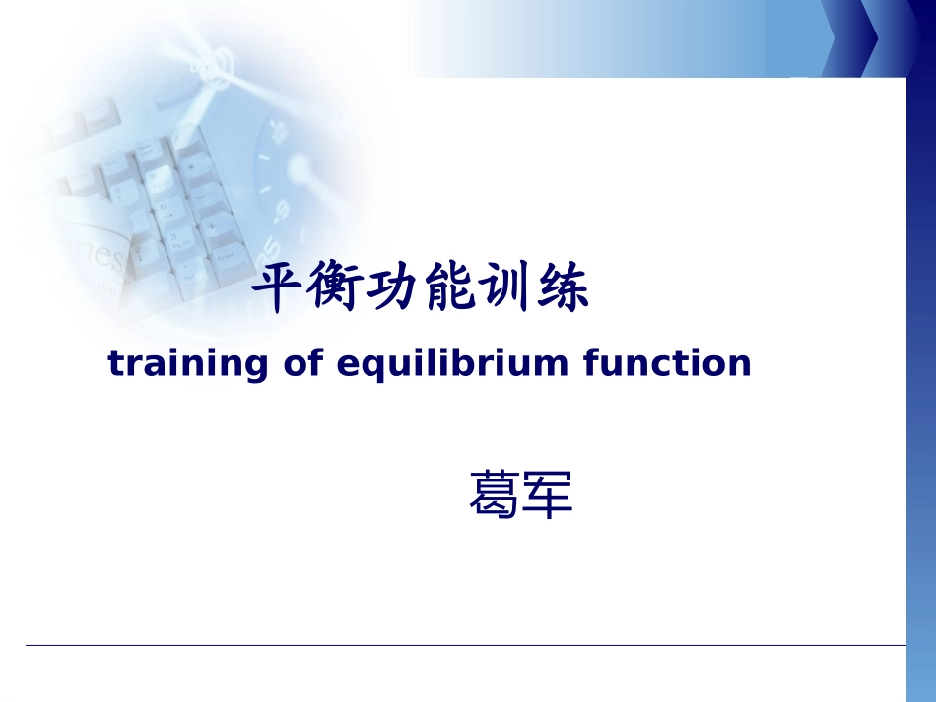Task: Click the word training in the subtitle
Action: coord(188,364)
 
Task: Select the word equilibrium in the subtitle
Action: coord(452,363)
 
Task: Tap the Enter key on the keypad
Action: coord(226,261)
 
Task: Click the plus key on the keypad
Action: coord(210,226)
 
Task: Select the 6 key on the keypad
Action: coord(165,210)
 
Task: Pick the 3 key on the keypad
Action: coord(176,241)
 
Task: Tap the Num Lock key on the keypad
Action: coord(146,152)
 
